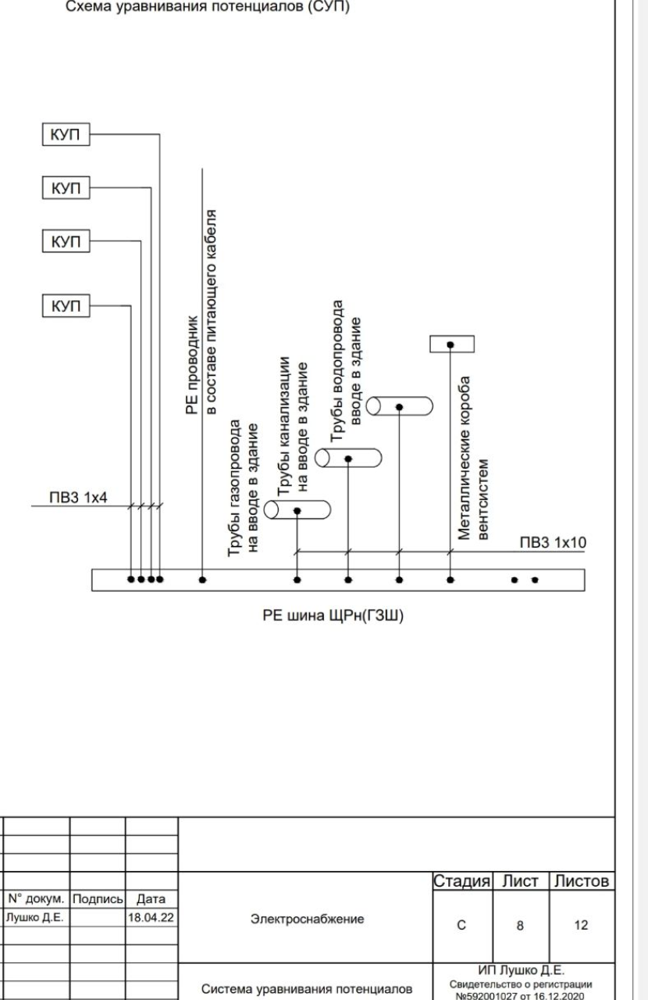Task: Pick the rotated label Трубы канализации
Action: click(x=285, y=426)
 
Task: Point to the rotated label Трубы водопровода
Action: click(x=337, y=370)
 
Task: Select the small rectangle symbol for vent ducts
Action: click(x=452, y=344)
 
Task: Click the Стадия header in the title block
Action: click(x=461, y=882)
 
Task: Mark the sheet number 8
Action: click(x=520, y=925)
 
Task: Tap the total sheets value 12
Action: click(x=579, y=925)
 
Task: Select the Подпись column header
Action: click(x=98, y=899)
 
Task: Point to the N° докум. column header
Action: click(x=36, y=899)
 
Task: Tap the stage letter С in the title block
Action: click(x=461, y=925)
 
